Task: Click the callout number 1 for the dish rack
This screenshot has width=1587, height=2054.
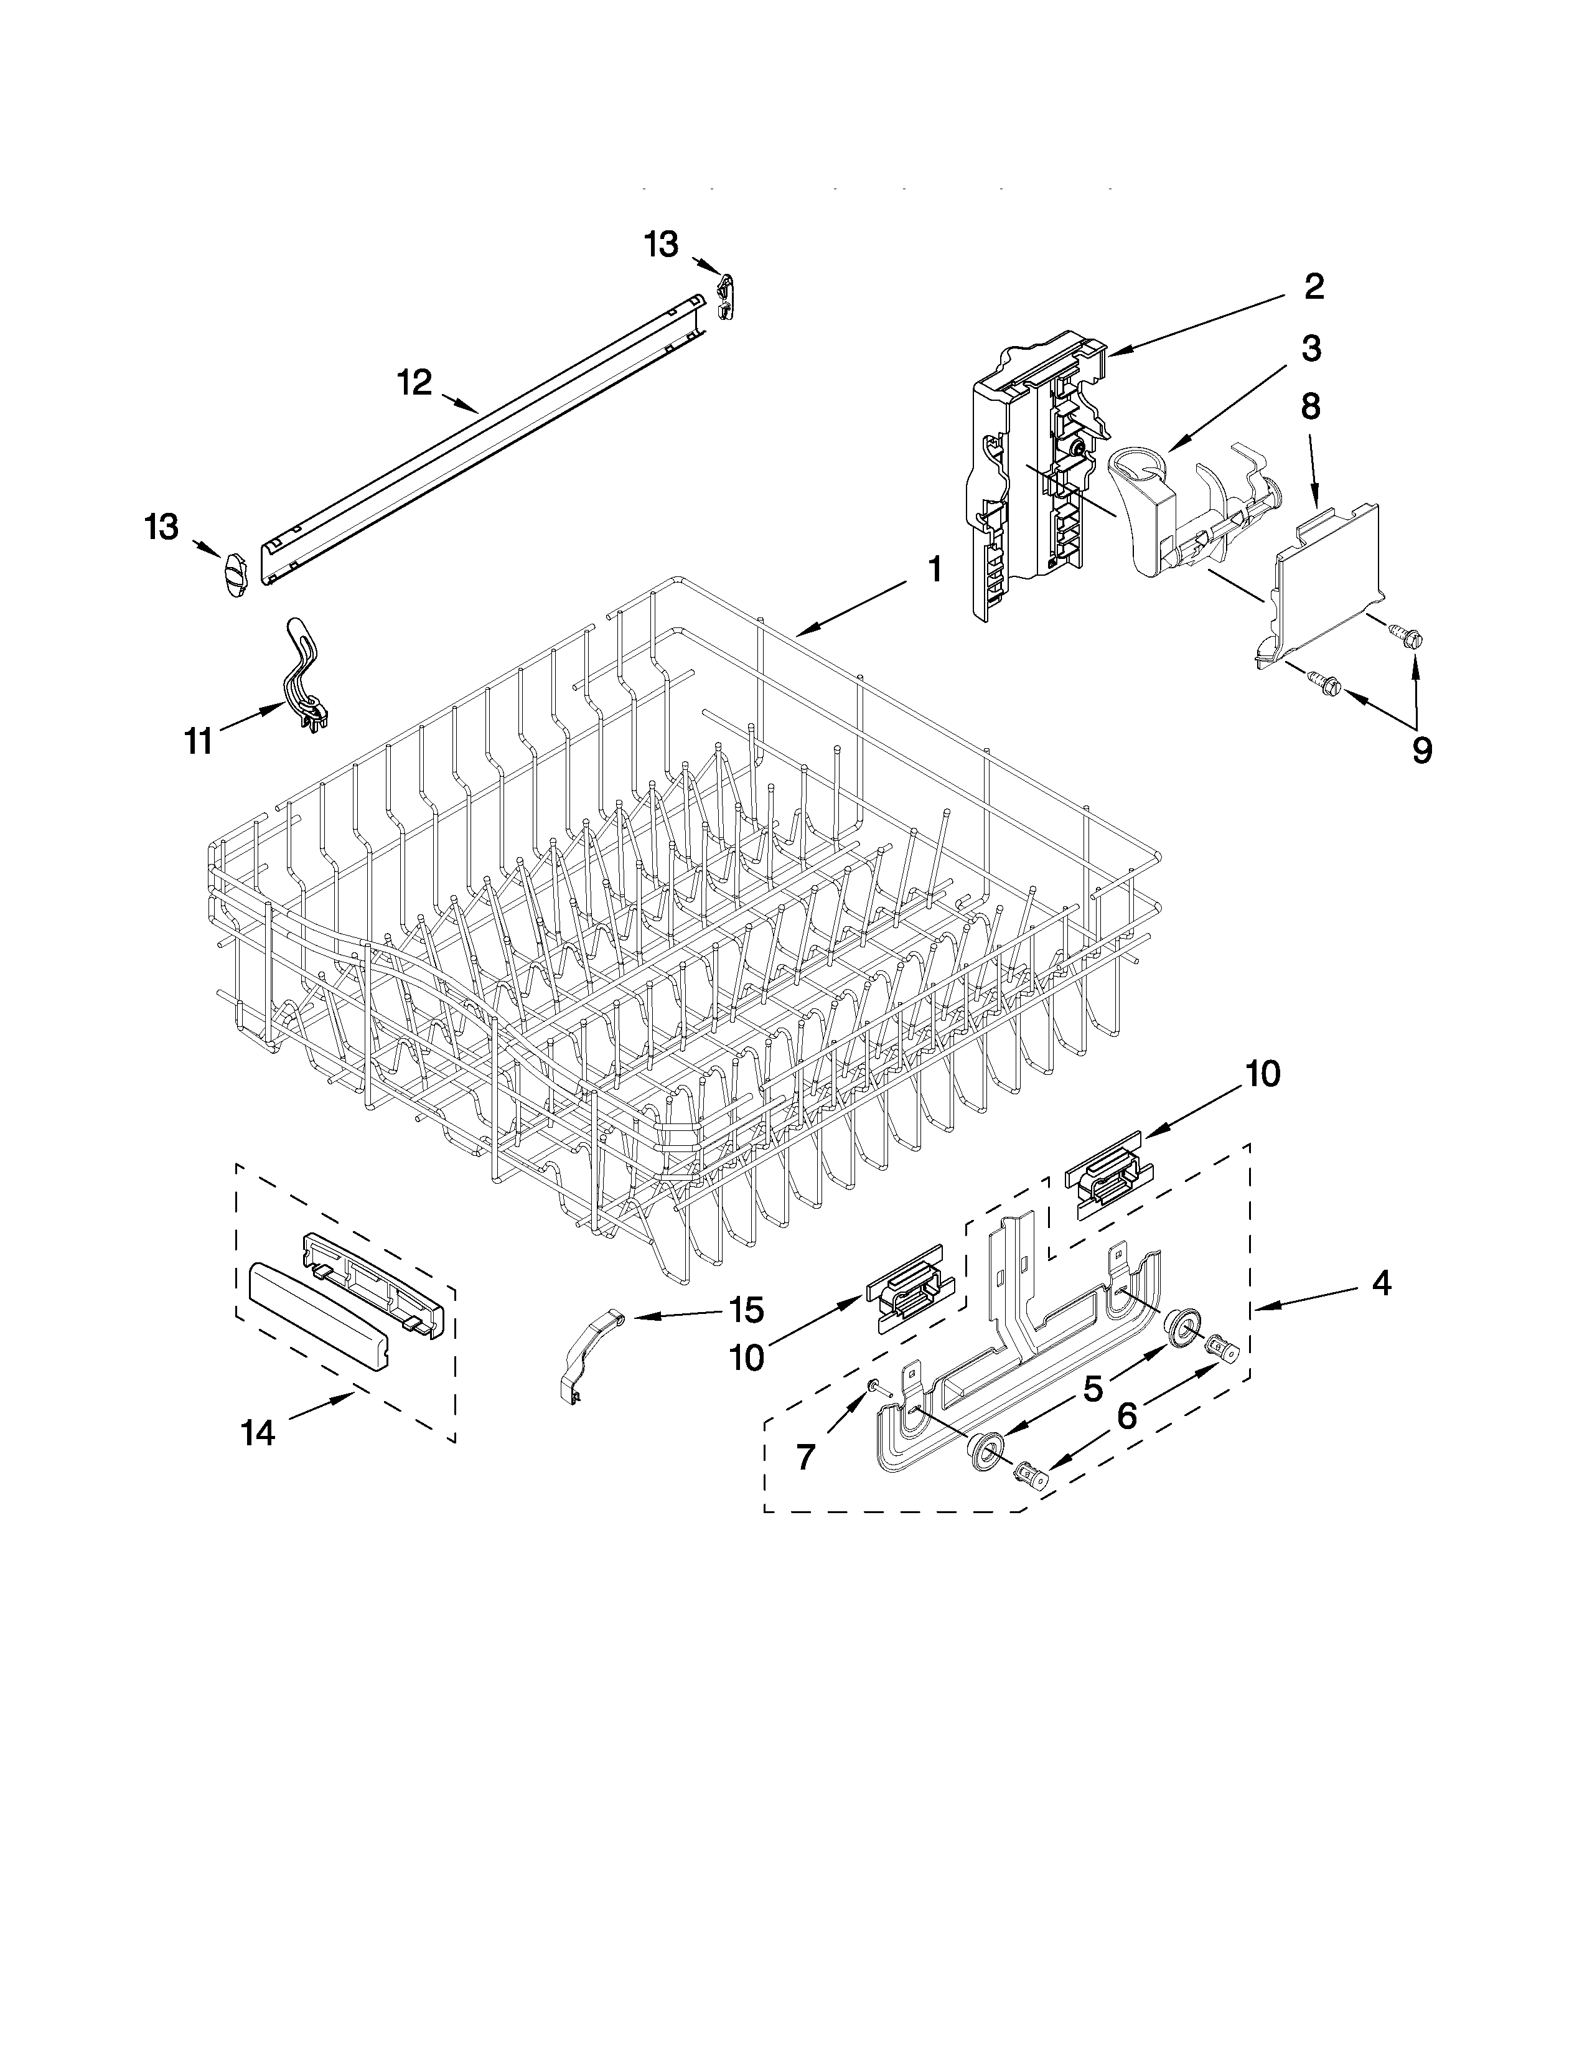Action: point(933,569)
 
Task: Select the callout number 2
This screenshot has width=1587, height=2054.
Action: point(1313,287)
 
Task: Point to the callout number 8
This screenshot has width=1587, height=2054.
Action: point(1309,406)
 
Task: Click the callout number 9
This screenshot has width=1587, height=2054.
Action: point(1421,751)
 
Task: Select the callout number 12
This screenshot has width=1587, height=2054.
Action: point(414,383)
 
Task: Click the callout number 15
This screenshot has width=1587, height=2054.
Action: point(746,1310)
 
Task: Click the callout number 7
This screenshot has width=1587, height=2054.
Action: point(805,1457)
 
